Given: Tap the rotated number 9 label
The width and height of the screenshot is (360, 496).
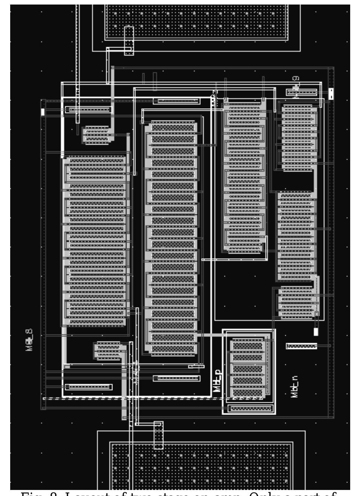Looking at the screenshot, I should pos(295,78).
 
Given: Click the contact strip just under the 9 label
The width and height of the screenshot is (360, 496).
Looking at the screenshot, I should pos(302,91).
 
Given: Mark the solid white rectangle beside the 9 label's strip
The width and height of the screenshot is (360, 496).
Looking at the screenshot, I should pos(331,94).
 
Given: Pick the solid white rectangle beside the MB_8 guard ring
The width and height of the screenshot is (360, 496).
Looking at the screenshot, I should pos(43,112).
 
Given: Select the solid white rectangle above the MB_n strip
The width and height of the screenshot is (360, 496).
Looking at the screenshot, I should pos(316,331).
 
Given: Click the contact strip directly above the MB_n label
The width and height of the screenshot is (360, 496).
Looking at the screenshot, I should pos(301,346).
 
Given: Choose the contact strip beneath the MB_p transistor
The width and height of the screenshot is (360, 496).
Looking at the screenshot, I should pos(251,408).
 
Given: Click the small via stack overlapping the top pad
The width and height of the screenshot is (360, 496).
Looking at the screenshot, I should pos(129,40).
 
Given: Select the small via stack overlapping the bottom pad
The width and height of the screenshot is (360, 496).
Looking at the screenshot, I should pos(158,435).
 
